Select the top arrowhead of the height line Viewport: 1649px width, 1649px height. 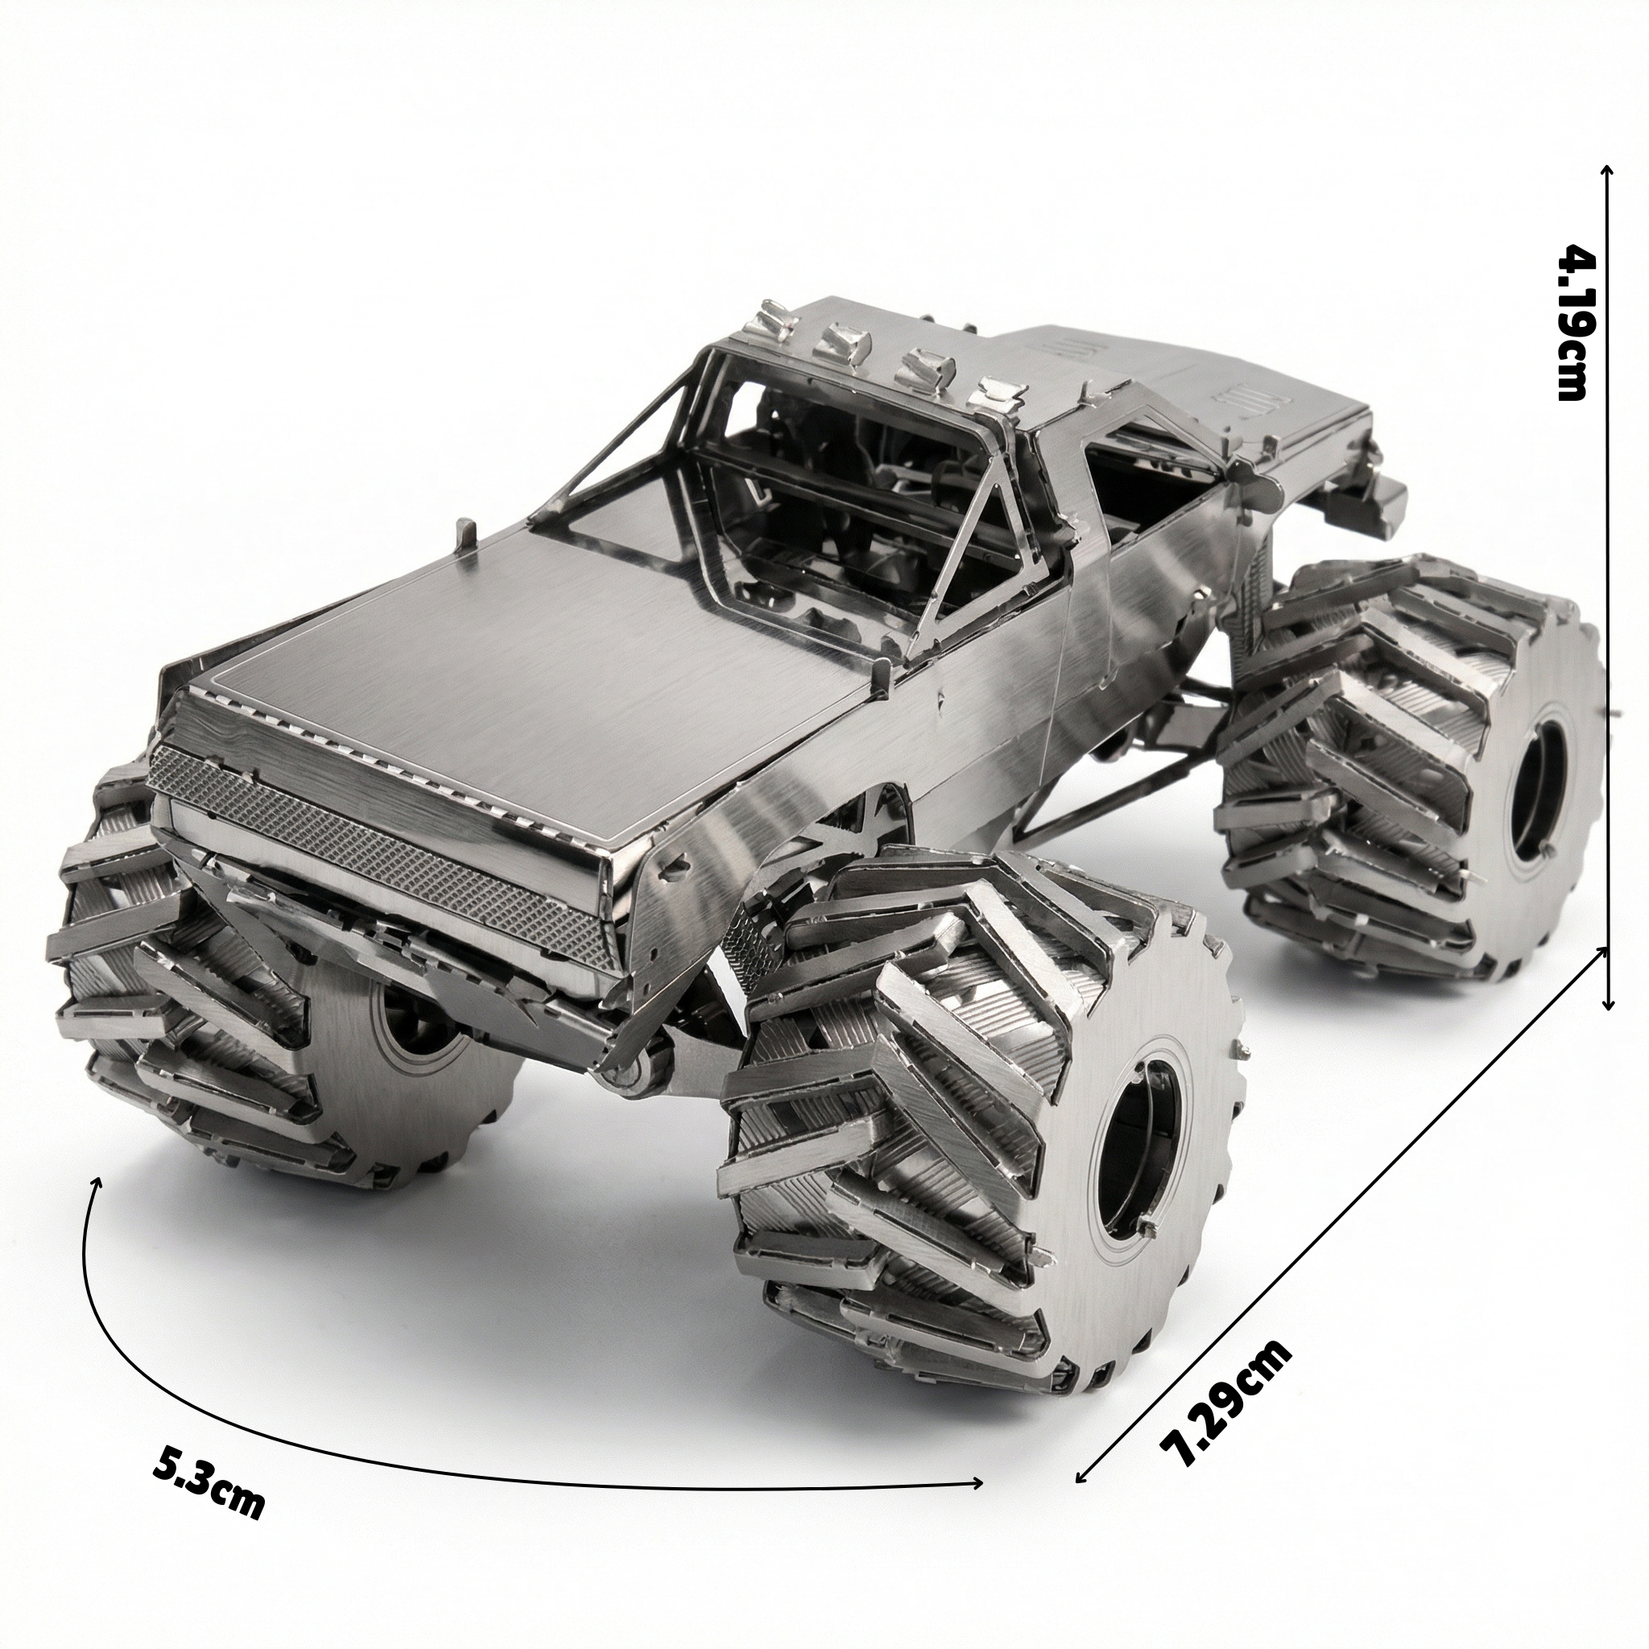point(1607,27)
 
